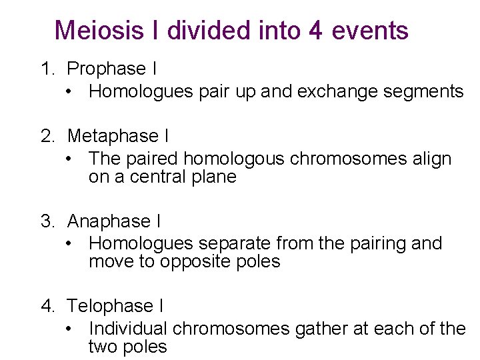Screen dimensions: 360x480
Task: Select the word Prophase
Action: (107, 69)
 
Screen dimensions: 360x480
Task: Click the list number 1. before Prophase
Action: (48, 69)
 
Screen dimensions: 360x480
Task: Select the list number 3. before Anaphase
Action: (48, 221)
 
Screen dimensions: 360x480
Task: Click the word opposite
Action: (193, 262)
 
